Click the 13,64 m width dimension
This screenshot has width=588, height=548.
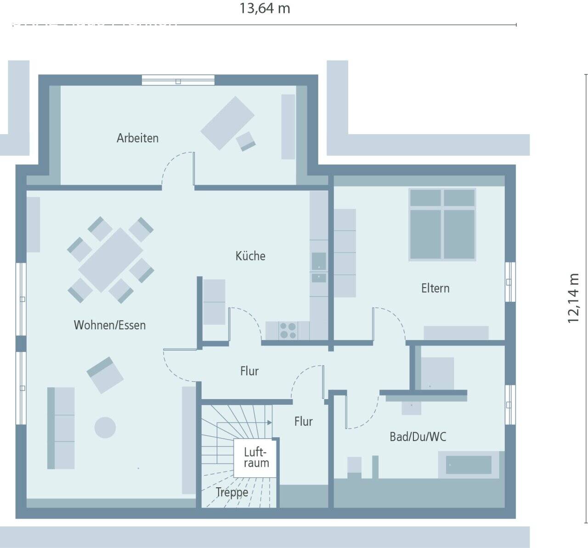[x=265, y=9]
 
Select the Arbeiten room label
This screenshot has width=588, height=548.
[x=137, y=138]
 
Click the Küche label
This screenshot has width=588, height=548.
[x=250, y=256]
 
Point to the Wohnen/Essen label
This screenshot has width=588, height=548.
[x=110, y=325]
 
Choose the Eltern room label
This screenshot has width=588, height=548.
[x=435, y=288]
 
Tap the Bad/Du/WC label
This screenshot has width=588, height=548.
[x=418, y=436]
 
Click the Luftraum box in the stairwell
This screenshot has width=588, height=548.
[x=256, y=458]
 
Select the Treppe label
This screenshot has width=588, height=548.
[x=232, y=492]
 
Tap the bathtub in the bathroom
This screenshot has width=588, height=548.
[x=469, y=465]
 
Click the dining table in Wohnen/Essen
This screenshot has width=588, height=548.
[x=111, y=260]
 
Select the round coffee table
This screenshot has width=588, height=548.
[x=105, y=427]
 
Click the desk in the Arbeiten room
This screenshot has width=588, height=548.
[x=227, y=123]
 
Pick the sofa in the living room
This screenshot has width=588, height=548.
[x=61, y=428]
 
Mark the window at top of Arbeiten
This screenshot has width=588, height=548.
[x=178, y=80]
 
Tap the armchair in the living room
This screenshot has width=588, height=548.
[x=105, y=374]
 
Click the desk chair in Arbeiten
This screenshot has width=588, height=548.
[x=246, y=141]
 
